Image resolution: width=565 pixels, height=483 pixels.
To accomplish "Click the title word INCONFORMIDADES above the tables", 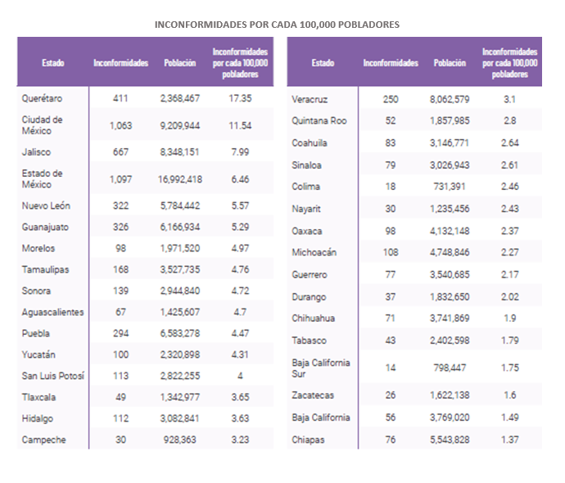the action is tap(201, 25).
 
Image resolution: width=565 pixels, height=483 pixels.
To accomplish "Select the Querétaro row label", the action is tap(42, 98).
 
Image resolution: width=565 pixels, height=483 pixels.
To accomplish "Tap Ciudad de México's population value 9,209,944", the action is tap(180, 126).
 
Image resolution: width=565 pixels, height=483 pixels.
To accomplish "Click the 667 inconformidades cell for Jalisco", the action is tap(120, 152).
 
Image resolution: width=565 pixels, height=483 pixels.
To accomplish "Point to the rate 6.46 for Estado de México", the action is tap(241, 179).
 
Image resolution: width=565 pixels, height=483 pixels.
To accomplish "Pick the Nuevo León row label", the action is tap(46, 205).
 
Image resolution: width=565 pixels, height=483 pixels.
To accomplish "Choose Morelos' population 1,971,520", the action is tap(180, 248).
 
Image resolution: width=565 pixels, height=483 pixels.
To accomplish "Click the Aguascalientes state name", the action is tap(52, 312).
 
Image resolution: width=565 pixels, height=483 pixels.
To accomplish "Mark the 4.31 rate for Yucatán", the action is tap(241, 354).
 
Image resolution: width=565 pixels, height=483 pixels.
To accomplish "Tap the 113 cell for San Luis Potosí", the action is tap(120, 376).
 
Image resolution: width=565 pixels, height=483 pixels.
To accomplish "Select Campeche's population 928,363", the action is tap(180, 440).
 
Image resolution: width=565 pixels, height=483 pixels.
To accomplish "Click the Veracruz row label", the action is tap(310, 99).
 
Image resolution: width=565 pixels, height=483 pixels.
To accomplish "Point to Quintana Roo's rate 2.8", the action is tap(510, 120).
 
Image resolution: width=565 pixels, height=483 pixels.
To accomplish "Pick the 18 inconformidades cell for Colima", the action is tap(391, 187).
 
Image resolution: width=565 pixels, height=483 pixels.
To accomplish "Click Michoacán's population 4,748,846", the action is tap(450, 252).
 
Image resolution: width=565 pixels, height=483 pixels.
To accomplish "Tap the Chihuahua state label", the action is tap(313, 318).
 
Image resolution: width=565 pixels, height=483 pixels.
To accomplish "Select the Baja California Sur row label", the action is tap(321, 368).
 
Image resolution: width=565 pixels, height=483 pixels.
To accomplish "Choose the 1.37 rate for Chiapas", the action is tap(510, 440).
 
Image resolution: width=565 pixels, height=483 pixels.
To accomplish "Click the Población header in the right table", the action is tap(450, 63).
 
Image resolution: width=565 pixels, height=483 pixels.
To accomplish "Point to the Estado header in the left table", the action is tap(53, 63).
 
